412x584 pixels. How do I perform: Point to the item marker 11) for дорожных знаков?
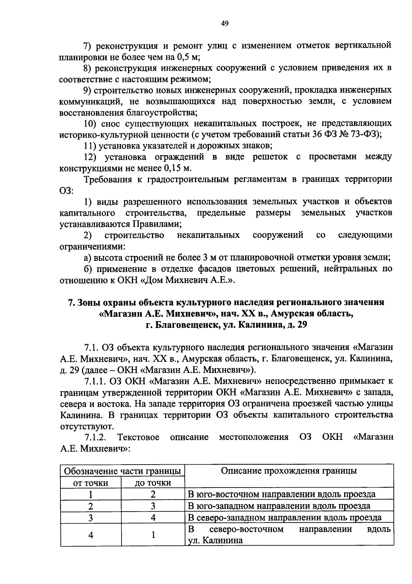tap(90, 146)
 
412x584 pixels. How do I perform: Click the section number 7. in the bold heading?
tap(71, 303)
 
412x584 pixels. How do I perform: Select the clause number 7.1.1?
tap(95, 381)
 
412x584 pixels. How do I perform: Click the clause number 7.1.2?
tap(95, 437)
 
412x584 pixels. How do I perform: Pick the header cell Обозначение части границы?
tap(123, 471)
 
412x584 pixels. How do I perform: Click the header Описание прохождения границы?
tap(289, 470)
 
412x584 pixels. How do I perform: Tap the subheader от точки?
tap(91, 483)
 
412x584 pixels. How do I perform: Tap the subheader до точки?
tap(153, 483)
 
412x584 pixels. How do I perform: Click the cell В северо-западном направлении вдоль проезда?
tap(285, 517)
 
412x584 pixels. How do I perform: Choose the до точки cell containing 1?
tap(153, 535)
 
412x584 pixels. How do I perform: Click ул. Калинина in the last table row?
tap(215, 541)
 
